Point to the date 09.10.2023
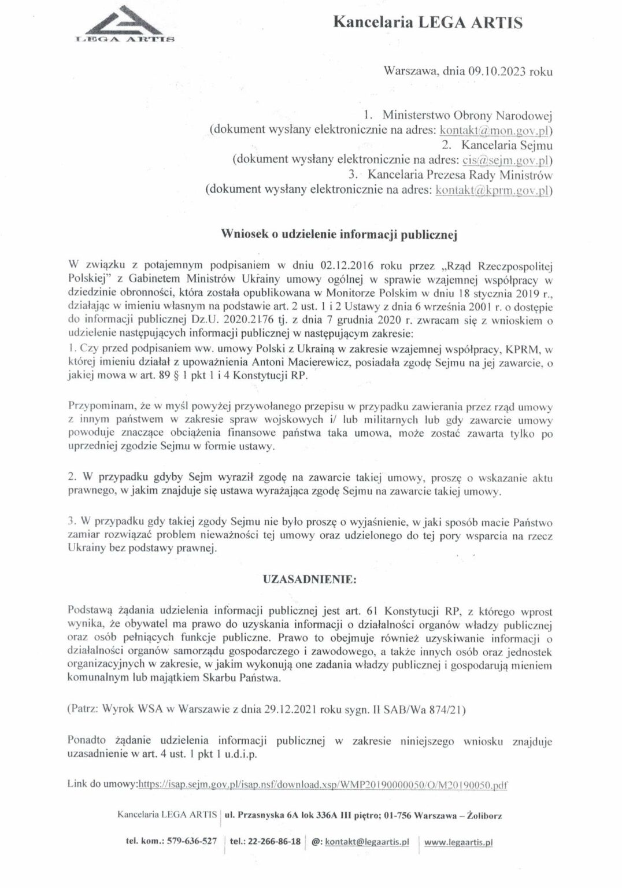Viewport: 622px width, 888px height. pos(493,72)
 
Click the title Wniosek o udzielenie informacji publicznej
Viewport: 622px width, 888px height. pos(340,234)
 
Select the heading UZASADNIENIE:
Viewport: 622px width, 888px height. pos(310,579)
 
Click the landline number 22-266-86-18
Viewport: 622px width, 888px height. pos(273,841)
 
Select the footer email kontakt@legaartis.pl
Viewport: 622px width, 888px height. pos(366,842)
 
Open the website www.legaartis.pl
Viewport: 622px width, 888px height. pos(458,842)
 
